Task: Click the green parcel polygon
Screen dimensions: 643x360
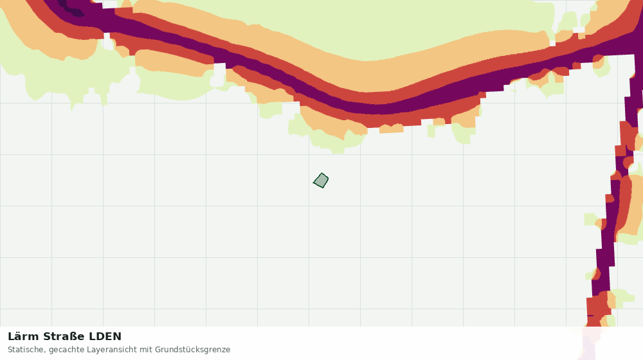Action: point(321,181)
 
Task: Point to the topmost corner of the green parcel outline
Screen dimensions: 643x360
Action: point(322,173)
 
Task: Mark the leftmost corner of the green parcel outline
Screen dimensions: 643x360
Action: point(313,183)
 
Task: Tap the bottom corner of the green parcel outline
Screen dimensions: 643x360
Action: point(323,188)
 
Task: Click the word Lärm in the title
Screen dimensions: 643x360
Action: point(24,337)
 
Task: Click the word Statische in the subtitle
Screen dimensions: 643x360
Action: point(26,350)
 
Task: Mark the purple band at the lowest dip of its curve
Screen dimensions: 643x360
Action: point(377,107)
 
